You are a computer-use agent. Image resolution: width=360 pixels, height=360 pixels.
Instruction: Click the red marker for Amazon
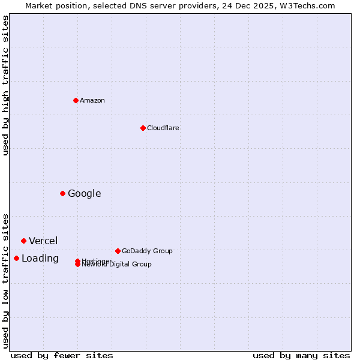76,100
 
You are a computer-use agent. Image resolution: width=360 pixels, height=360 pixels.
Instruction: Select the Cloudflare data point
143,128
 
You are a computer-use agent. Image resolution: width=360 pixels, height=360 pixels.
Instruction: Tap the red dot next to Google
62,193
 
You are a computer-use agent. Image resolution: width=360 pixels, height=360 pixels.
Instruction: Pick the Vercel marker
23,241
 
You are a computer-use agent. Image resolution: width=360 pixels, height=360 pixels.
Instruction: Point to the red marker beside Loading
16,258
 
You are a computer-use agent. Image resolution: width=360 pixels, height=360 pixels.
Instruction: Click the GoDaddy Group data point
118,251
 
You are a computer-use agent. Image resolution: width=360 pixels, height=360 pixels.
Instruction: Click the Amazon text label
92,100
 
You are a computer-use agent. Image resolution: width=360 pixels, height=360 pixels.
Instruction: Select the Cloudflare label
163,128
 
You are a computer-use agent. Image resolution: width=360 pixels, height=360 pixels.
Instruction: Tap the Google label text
85,193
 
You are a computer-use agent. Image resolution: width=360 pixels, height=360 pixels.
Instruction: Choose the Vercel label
43,241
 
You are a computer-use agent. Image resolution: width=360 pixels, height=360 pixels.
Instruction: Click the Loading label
40,258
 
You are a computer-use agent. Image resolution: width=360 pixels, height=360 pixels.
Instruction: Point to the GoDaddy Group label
147,251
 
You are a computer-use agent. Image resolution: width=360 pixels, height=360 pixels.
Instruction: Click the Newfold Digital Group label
117,265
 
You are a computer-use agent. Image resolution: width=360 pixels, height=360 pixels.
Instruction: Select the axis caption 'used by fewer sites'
62,355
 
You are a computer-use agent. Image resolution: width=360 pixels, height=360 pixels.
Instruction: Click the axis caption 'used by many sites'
301,355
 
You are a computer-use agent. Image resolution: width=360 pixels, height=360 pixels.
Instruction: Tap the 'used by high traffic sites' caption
6,85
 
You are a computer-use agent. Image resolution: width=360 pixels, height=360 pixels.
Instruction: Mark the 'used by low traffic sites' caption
6,281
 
